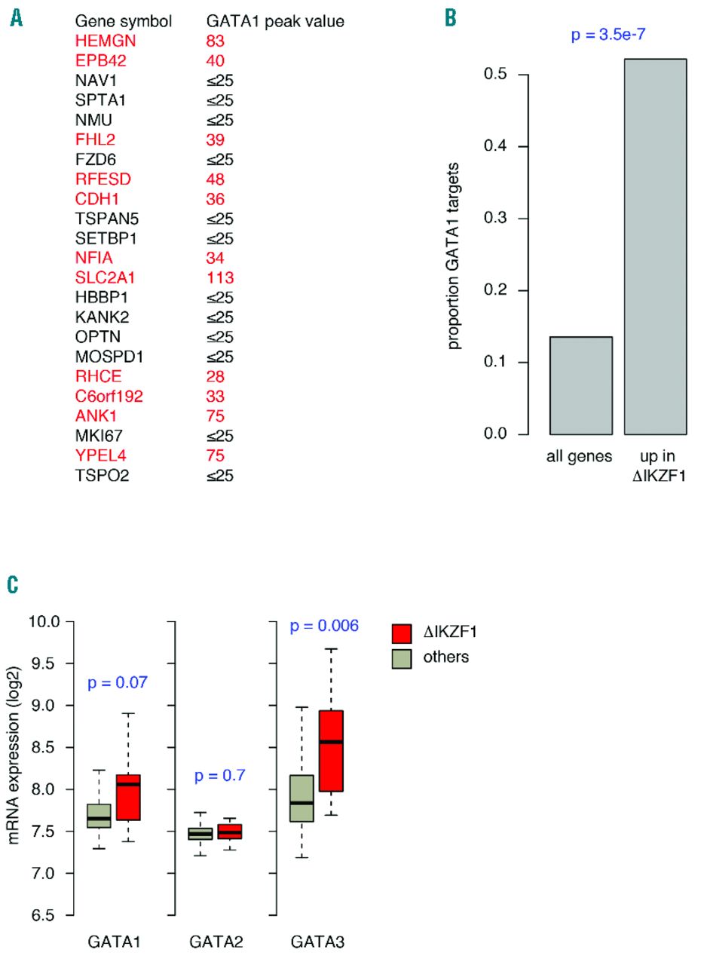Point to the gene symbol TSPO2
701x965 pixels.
(96, 475)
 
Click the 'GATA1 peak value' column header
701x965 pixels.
(275, 21)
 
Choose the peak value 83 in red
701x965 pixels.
(217, 41)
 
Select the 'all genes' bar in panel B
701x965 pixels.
(580, 385)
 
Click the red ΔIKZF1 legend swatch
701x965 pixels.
(401, 633)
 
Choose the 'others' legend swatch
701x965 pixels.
(401, 657)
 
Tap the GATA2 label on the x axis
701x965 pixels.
(211, 941)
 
